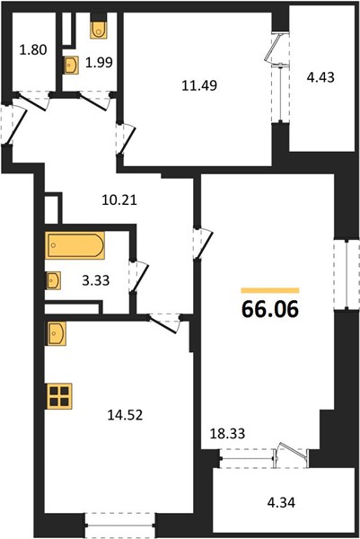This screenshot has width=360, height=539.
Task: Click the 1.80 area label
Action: (33, 50)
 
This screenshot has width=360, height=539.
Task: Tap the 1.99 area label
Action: (99, 63)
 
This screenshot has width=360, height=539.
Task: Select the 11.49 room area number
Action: (199, 85)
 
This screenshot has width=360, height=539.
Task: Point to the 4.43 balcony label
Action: (320, 77)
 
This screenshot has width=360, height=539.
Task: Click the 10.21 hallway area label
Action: (119, 199)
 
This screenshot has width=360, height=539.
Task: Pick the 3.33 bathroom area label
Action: (96, 280)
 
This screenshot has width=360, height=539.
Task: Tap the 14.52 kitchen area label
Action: (125, 415)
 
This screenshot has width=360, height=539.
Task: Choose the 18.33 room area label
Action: (227, 434)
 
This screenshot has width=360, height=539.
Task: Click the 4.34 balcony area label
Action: (281, 502)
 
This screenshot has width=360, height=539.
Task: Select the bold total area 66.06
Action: (270, 309)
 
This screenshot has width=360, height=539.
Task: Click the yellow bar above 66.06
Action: (270, 290)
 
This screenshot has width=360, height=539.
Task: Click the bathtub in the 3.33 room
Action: (75, 245)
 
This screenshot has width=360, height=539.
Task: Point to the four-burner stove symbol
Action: (59, 396)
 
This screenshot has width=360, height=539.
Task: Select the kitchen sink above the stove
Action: (57, 333)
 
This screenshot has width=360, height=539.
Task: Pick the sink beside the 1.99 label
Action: (72, 65)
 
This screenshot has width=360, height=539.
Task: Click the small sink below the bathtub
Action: (54, 280)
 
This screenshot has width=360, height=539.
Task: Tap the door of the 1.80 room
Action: (31, 102)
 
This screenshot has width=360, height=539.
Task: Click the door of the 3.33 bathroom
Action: (138, 277)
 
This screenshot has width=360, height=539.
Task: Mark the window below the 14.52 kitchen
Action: (120, 526)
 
